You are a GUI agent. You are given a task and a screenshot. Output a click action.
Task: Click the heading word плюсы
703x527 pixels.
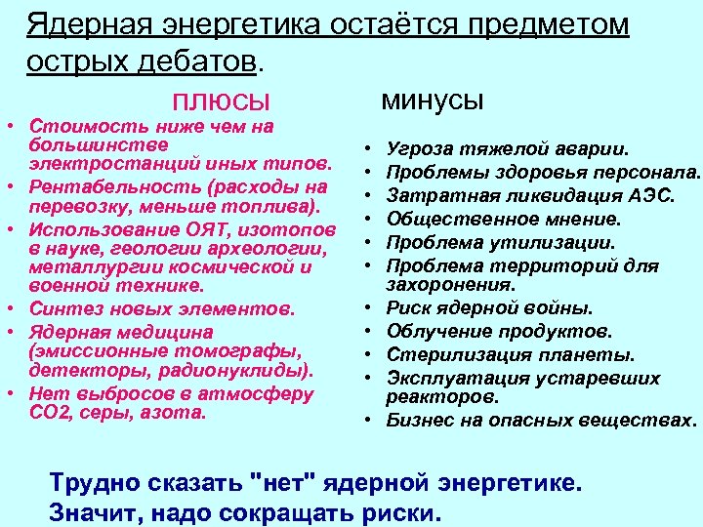click(x=221, y=101)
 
